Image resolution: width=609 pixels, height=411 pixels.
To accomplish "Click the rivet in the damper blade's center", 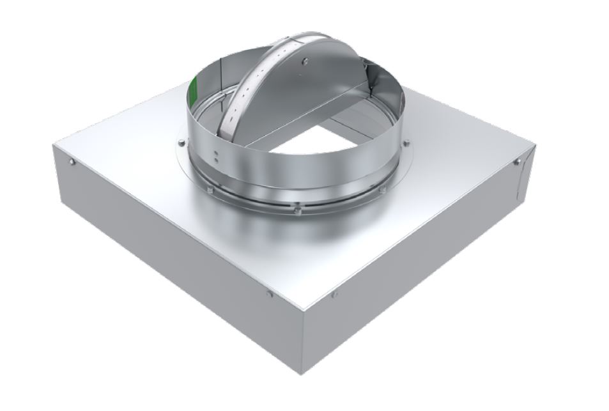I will pos(305,61).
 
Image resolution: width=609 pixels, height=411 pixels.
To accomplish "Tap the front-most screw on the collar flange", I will pos(297,206).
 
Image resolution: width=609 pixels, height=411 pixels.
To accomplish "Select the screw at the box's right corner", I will pos(517,162).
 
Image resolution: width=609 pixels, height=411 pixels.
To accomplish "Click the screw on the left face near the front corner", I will pos(269,294).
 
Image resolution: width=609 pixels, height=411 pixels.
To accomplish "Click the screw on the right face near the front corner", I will pos(334,295).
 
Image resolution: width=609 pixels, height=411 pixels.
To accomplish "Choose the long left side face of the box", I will pos(173,256).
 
